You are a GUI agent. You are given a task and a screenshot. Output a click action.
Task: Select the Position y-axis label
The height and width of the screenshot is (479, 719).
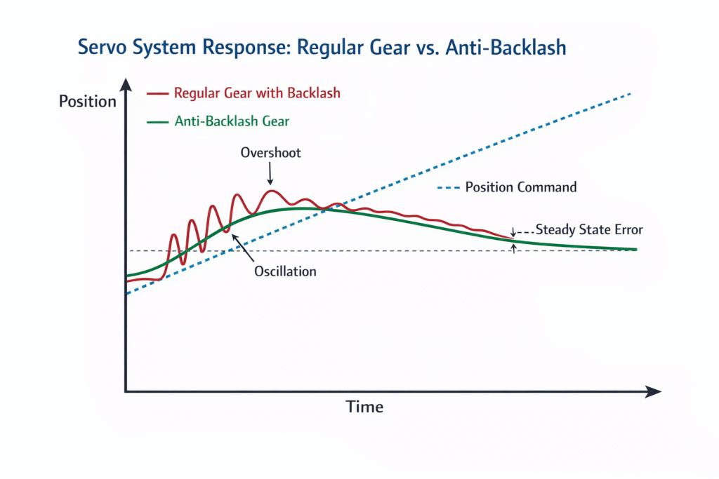point(87,101)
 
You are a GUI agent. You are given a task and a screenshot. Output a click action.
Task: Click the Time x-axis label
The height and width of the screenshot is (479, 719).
point(364,407)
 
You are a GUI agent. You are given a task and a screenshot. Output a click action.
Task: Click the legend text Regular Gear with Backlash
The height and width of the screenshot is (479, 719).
point(257,93)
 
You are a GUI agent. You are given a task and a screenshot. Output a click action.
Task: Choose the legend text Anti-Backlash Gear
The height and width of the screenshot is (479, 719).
point(232,121)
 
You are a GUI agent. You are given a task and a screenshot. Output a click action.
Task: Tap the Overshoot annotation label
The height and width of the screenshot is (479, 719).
point(270,152)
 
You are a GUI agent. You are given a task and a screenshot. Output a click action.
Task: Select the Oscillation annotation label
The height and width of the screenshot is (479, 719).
point(285,271)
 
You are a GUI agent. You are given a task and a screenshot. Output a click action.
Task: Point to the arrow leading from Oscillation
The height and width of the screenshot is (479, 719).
point(243,248)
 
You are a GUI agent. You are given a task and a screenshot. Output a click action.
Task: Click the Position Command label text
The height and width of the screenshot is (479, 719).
point(521,187)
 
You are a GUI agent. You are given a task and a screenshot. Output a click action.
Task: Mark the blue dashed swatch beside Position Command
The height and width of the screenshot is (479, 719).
point(448,188)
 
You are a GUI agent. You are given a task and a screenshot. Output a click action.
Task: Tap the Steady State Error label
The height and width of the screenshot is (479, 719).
point(589,229)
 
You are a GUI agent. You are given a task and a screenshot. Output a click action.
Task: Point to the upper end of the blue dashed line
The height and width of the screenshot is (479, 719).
point(630,94)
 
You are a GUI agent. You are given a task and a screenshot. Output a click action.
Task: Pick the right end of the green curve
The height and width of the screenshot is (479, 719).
point(635,250)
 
